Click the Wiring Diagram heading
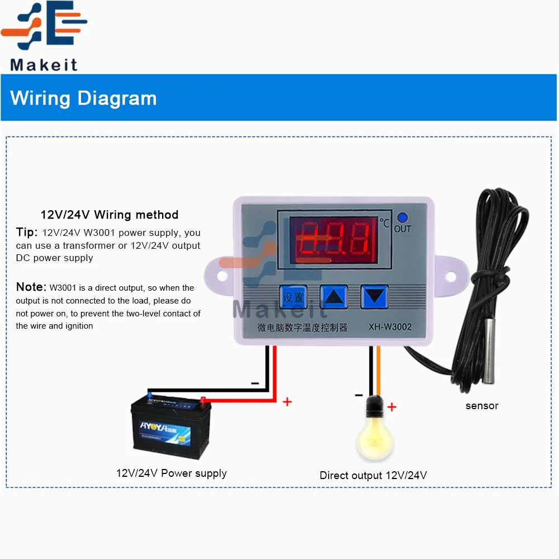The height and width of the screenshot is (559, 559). [83, 98]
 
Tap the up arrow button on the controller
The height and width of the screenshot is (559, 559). [333, 297]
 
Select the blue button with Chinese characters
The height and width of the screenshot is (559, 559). [293, 297]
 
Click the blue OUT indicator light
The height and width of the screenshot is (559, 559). [401, 218]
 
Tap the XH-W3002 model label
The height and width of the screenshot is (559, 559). [390, 328]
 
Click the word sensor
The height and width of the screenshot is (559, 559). [481, 406]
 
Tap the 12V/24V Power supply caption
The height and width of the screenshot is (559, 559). [171, 473]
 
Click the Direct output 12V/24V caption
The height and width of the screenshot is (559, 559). [373, 476]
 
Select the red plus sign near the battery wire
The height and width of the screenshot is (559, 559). [287, 401]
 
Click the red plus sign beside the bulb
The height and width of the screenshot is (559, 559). [392, 407]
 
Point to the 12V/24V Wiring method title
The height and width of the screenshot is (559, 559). [110, 215]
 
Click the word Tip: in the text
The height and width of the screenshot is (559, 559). [27, 233]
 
